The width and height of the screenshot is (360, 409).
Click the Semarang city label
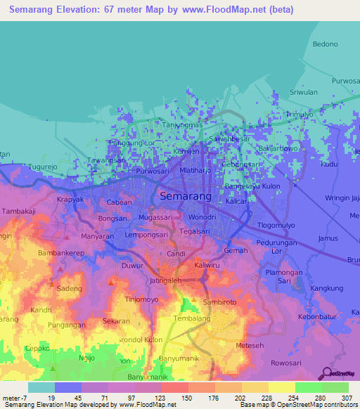[186, 197]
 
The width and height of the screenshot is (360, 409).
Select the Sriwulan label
[304, 92]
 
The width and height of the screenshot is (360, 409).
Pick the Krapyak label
[70, 200]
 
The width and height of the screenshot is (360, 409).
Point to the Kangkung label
[326, 288]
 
